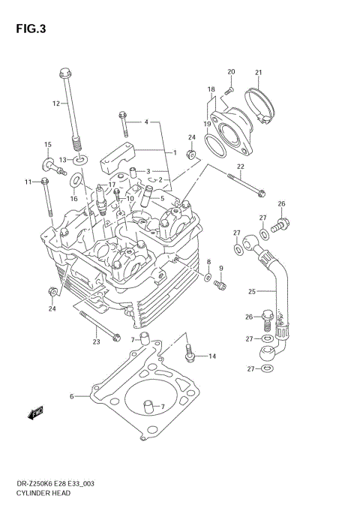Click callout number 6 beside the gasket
click(x=71, y=396)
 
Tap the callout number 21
click(x=258, y=73)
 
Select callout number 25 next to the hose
click(x=252, y=291)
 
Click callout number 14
click(x=211, y=356)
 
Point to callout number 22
click(x=240, y=167)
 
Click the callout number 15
click(x=47, y=144)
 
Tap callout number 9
click(x=221, y=268)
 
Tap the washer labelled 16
click(x=76, y=181)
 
